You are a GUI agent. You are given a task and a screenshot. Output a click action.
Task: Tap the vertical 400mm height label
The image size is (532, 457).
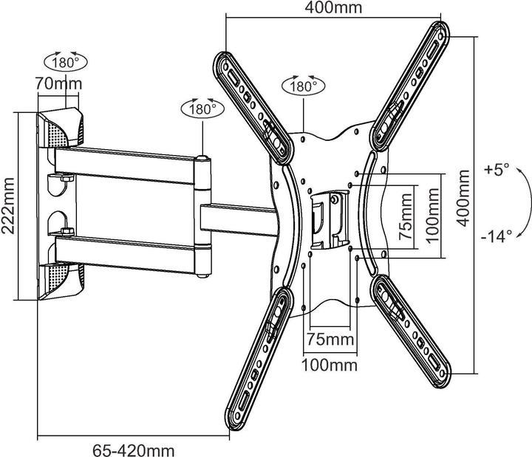463,200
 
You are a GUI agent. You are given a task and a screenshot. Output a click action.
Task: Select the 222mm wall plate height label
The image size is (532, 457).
8,206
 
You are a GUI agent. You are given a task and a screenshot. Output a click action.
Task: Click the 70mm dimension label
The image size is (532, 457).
58,83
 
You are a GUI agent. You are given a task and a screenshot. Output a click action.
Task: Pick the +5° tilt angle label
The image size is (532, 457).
497,169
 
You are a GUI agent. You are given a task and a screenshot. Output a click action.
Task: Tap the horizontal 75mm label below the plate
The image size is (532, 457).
330,340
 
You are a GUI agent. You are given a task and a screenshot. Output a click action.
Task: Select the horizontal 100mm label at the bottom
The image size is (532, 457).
330,364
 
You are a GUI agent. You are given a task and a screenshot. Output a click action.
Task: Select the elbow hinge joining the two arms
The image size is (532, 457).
203,215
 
